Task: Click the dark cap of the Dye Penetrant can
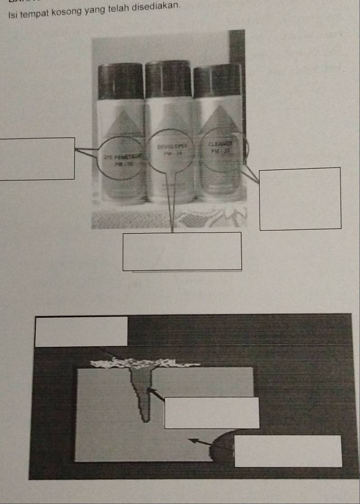pos(120,81)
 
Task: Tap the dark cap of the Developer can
pos(168,79)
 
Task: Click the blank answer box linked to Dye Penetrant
pos(37,158)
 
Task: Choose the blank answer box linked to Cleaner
pos(300,199)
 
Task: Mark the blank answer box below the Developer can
pos(182,251)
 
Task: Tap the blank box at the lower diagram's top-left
pos(81,331)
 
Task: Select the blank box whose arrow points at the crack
pos(211,413)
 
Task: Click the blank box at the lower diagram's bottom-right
pos(288,451)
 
